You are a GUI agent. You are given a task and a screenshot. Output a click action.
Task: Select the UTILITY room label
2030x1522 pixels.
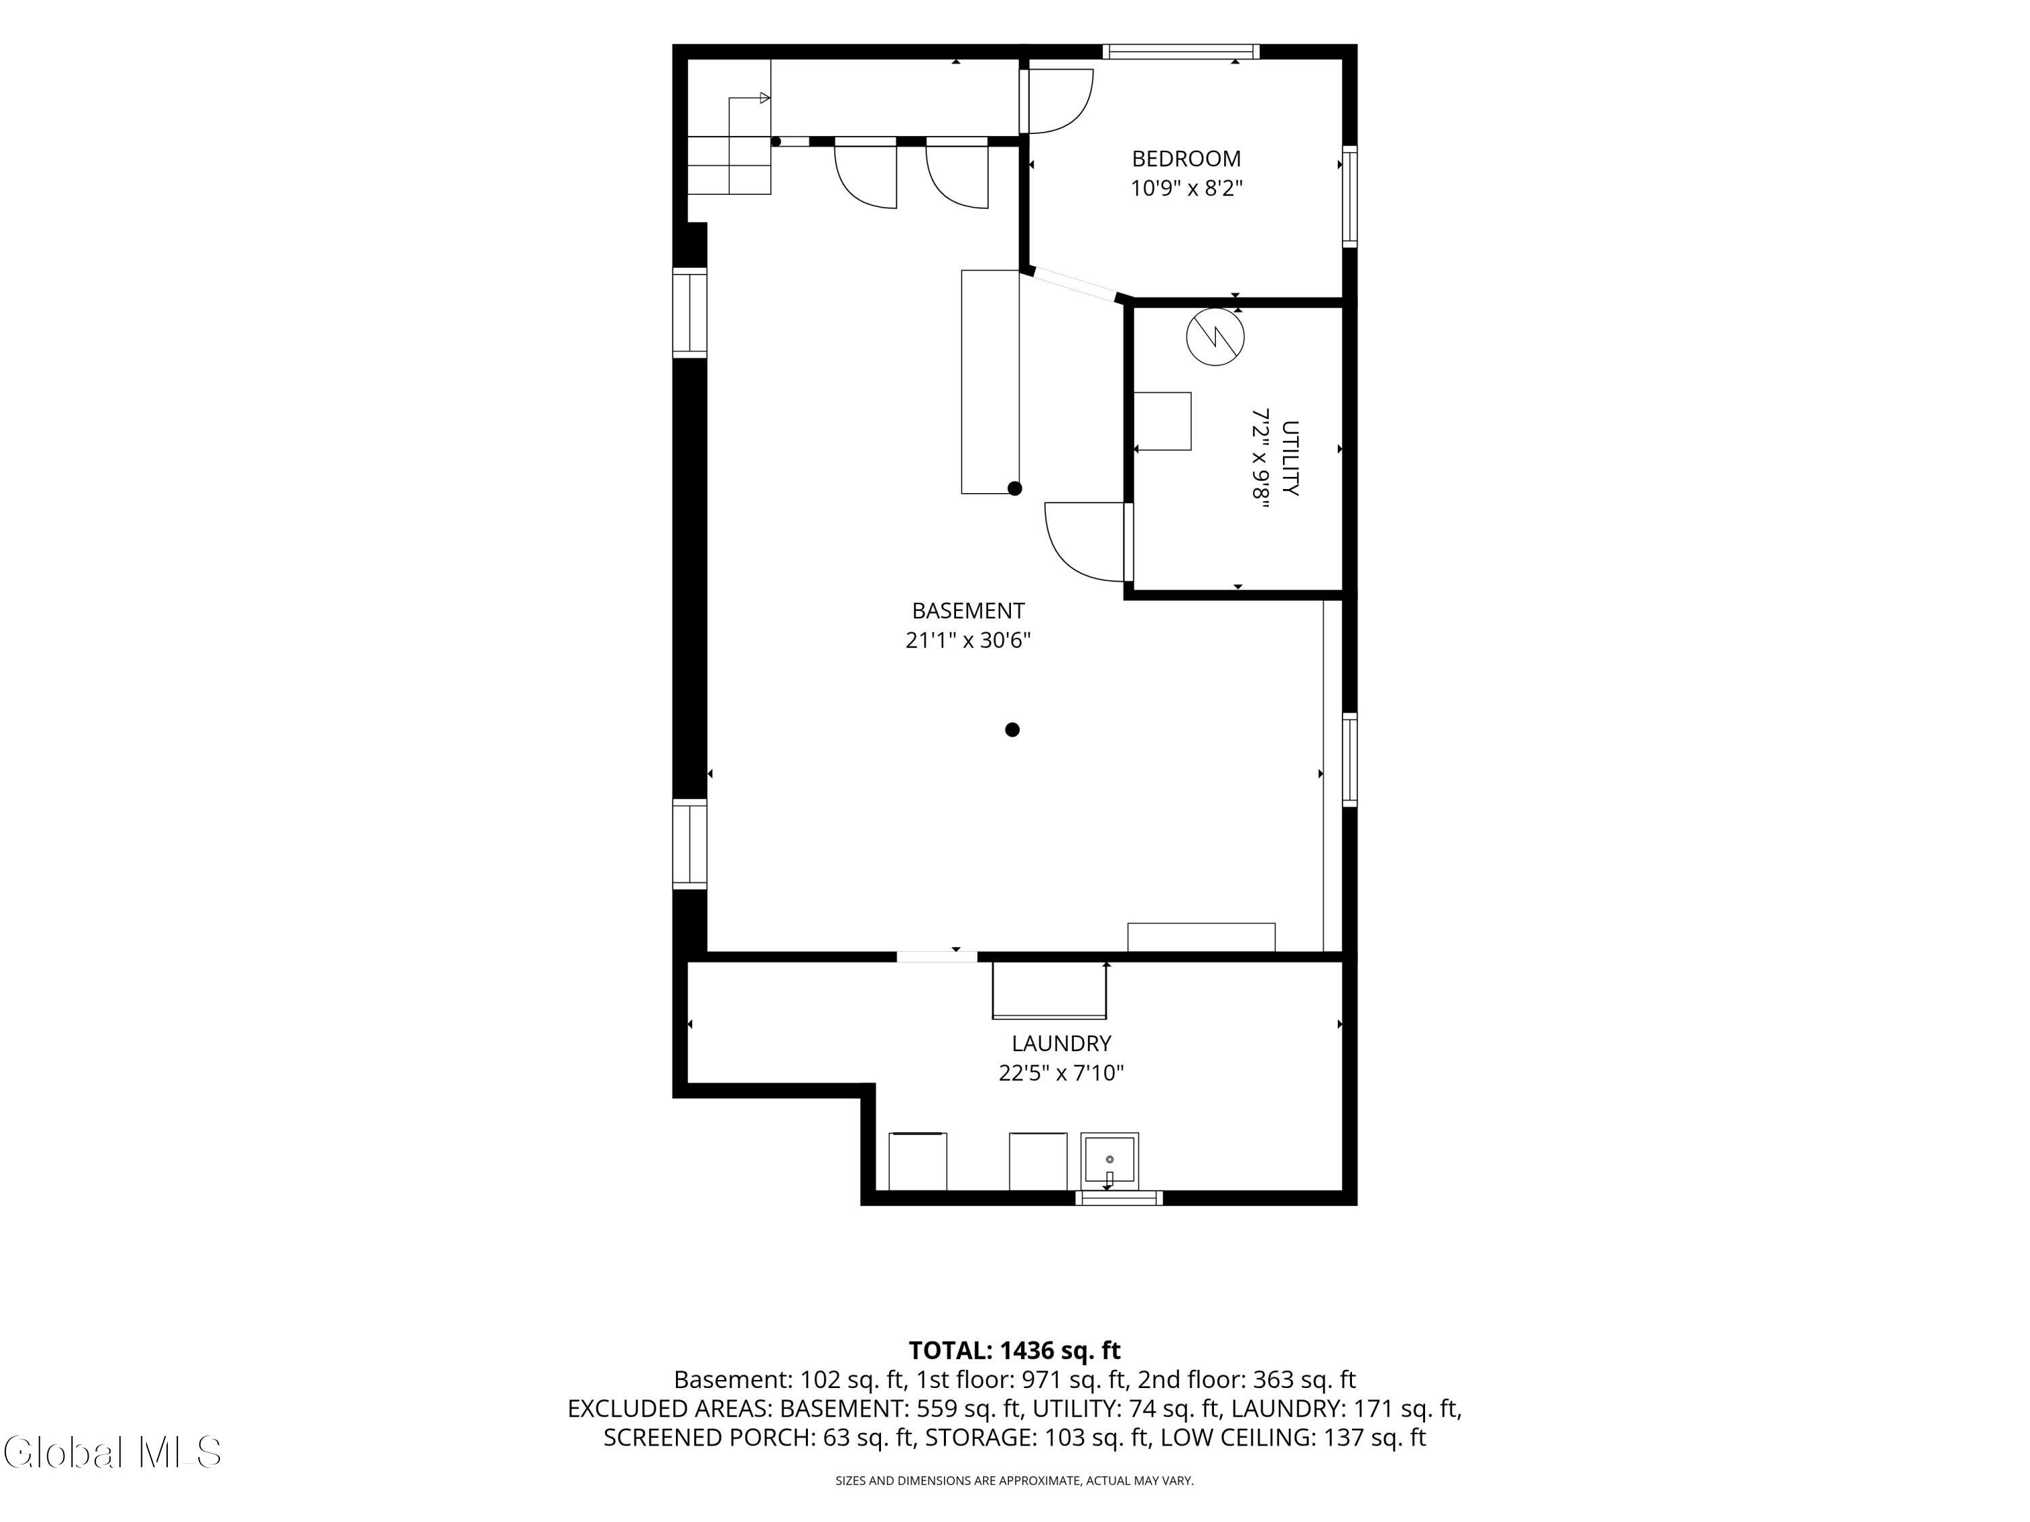(x=1290, y=459)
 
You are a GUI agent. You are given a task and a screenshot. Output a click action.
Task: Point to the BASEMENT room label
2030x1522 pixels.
(x=968, y=611)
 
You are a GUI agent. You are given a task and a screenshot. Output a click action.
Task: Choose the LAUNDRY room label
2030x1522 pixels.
(x=1062, y=1043)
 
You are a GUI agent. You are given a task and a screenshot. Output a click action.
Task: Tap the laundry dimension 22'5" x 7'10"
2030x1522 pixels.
(x=1062, y=1072)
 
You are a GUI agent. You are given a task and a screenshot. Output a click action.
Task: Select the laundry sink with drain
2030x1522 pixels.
(x=1110, y=1161)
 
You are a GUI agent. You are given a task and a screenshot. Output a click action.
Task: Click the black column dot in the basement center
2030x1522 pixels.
(x=1012, y=731)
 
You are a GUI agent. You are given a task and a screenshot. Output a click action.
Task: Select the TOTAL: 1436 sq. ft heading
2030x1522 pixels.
(x=1014, y=1350)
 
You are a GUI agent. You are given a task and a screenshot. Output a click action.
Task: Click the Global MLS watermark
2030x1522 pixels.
(x=112, y=1452)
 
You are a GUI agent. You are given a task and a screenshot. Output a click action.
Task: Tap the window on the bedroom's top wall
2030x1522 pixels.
(x=1180, y=51)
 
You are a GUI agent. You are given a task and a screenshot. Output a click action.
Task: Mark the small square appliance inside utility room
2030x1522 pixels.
(x=1163, y=421)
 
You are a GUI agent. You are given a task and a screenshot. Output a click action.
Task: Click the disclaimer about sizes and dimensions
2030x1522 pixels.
(x=1014, y=1481)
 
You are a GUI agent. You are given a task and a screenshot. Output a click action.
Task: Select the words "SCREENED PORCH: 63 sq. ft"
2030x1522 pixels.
(x=760, y=1437)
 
